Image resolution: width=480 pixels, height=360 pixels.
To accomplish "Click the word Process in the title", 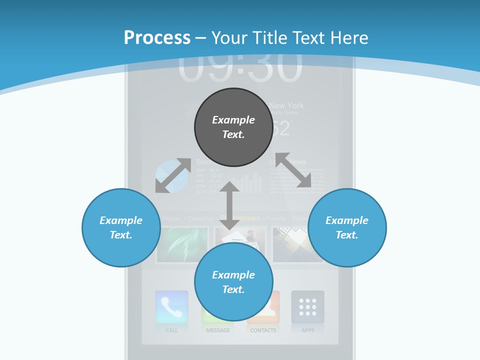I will tap(157, 38).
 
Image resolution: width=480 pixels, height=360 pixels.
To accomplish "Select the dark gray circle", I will tap(233, 127).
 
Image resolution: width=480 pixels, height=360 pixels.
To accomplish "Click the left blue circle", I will tap(120, 227).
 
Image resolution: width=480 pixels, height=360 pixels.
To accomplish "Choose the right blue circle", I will tap(347, 227).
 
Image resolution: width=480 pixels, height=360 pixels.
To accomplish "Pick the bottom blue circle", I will tap(233, 282).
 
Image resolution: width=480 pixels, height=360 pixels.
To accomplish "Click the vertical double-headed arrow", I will tap(230, 205).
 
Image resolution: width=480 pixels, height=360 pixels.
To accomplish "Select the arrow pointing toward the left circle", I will tap(173, 175).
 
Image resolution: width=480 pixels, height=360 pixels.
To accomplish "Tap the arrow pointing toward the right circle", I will tap(293, 170).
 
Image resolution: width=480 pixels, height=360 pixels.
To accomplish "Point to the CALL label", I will tap(171, 330).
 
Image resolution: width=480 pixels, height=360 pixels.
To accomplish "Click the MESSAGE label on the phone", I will tap(218, 330).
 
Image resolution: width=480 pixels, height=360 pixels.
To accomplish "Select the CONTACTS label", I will tap(263, 330).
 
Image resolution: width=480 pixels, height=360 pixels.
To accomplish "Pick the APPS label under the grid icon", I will tap(307, 330).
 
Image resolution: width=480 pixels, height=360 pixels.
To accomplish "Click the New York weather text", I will tap(286, 106).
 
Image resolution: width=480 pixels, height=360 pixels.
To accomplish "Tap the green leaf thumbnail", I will tap(182, 244).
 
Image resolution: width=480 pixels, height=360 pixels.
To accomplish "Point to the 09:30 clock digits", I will tap(240, 67).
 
